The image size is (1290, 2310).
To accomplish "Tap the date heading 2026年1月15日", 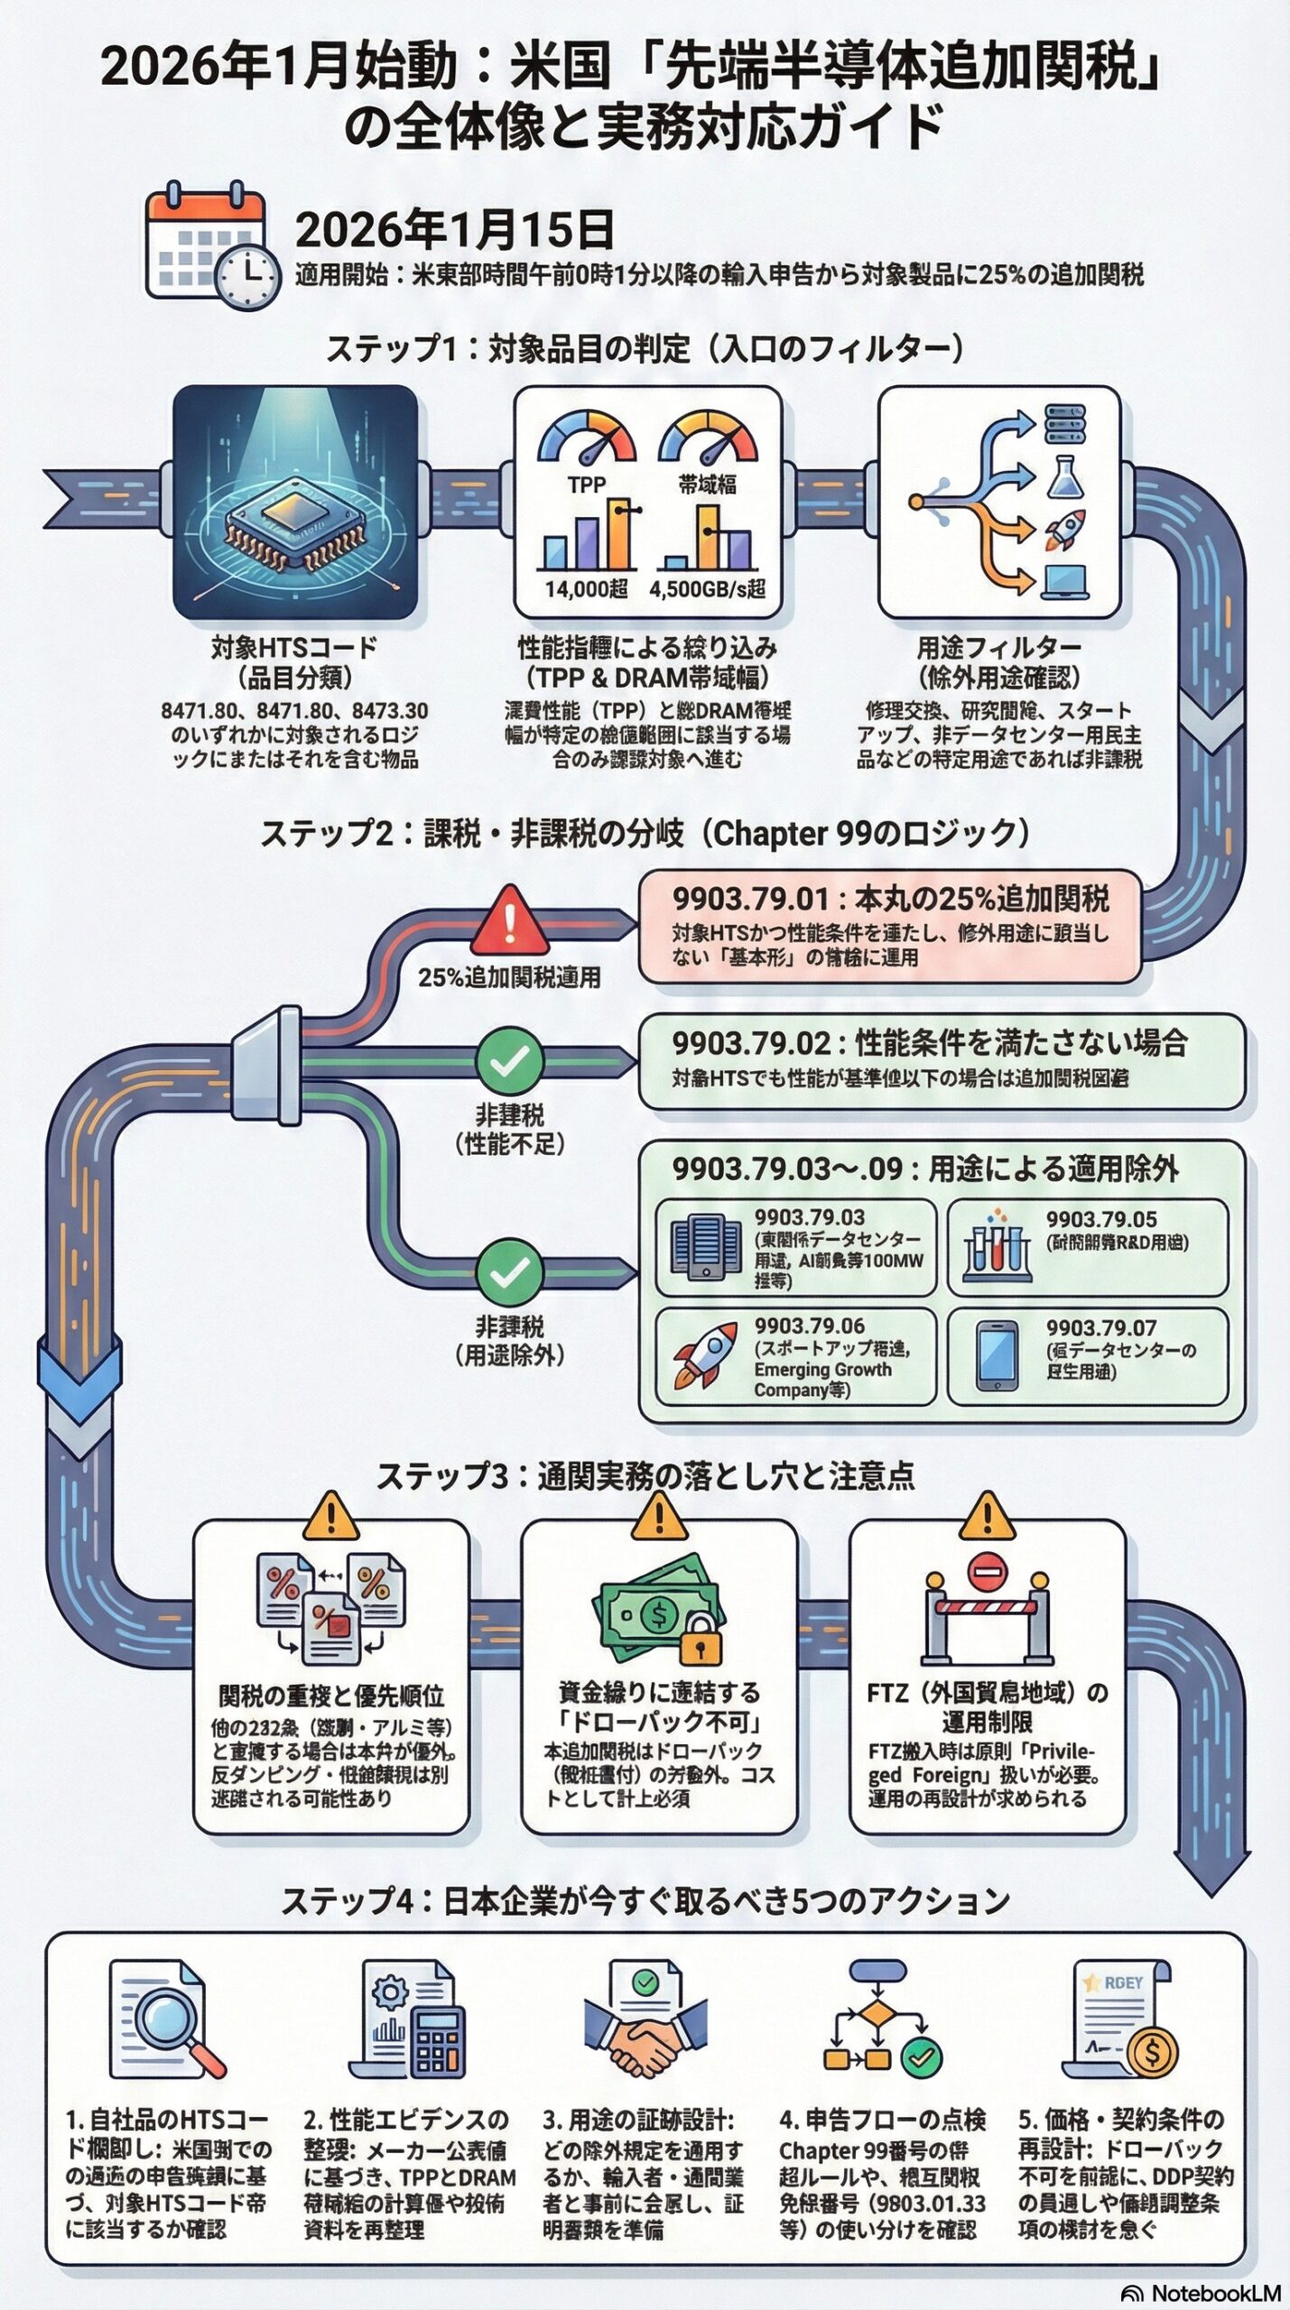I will pos(454,230).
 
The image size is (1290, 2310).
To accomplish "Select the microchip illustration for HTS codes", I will pos(295,504).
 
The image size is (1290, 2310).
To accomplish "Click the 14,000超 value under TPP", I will pos(586,589).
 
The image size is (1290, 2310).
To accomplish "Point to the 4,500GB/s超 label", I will pos(707,589).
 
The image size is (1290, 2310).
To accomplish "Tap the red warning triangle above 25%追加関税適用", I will pos(510,921).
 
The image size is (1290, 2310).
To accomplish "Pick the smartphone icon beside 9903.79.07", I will pos(997,1356).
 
